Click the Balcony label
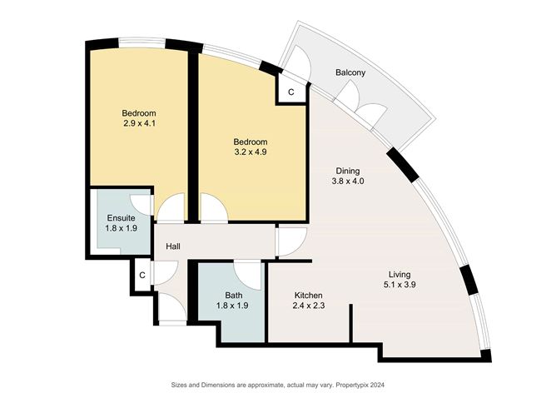click(x=350, y=73)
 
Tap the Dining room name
click(x=347, y=170)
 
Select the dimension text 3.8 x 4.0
click(x=347, y=181)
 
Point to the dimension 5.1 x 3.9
click(x=403, y=285)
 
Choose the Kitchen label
click(x=308, y=296)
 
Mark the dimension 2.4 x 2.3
click(x=308, y=306)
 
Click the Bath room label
click(x=234, y=295)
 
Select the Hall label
click(x=173, y=246)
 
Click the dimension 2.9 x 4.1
click(x=139, y=124)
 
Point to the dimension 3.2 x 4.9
click(x=250, y=152)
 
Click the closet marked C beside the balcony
click(x=290, y=92)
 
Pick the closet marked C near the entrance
click(x=142, y=274)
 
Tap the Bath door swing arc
click(x=247, y=271)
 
